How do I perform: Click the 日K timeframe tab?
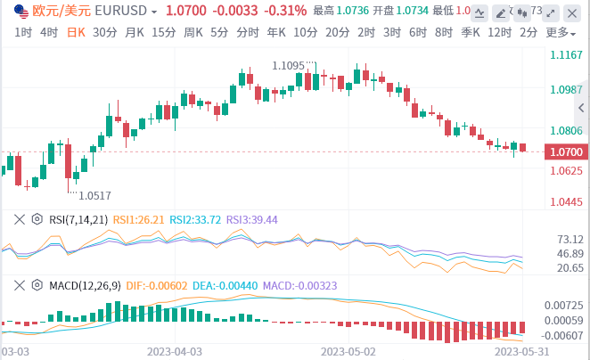[x=78, y=32]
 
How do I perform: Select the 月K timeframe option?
[x=135, y=32]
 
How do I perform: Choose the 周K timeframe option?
[x=193, y=32]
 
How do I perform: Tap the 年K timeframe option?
[x=276, y=32]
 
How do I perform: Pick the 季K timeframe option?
[x=471, y=32]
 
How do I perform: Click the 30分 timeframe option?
[x=105, y=32]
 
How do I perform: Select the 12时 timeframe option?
[x=499, y=32]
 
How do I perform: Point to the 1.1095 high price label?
[x=294, y=65]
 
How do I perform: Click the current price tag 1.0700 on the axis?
[x=566, y=151]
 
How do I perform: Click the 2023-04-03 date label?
[x=175, y=351]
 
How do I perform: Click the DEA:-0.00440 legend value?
[x=228, y=285]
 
